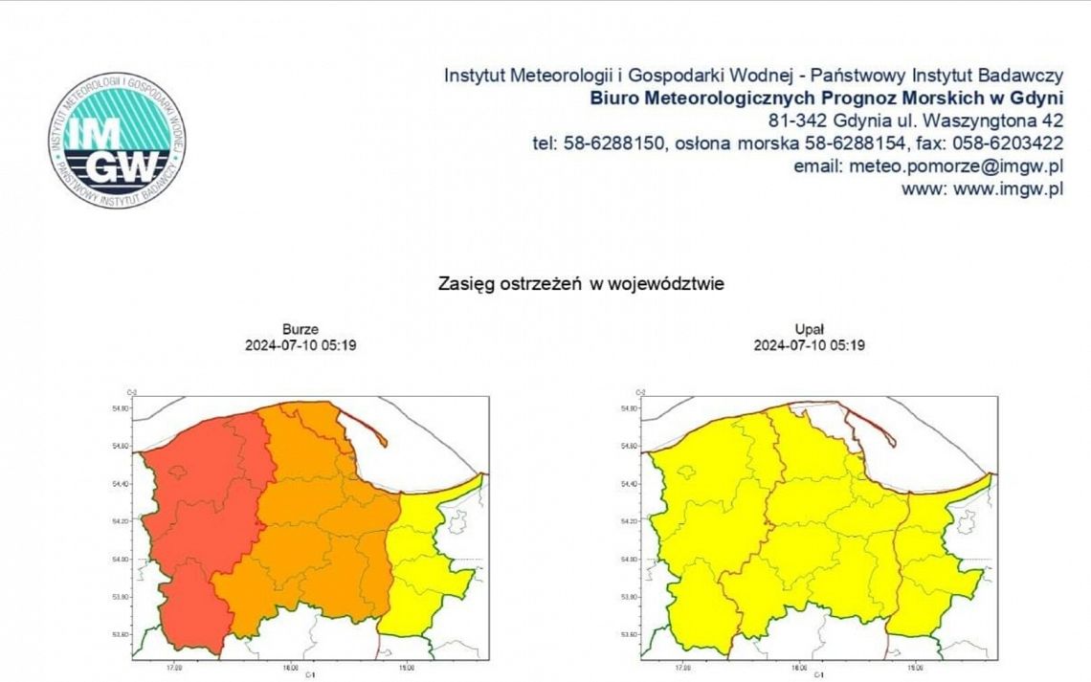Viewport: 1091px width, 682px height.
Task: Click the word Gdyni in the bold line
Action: pos(1035,98)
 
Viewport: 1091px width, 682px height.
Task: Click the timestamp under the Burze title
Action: pos(301,345)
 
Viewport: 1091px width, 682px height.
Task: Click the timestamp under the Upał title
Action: pos(809,345)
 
